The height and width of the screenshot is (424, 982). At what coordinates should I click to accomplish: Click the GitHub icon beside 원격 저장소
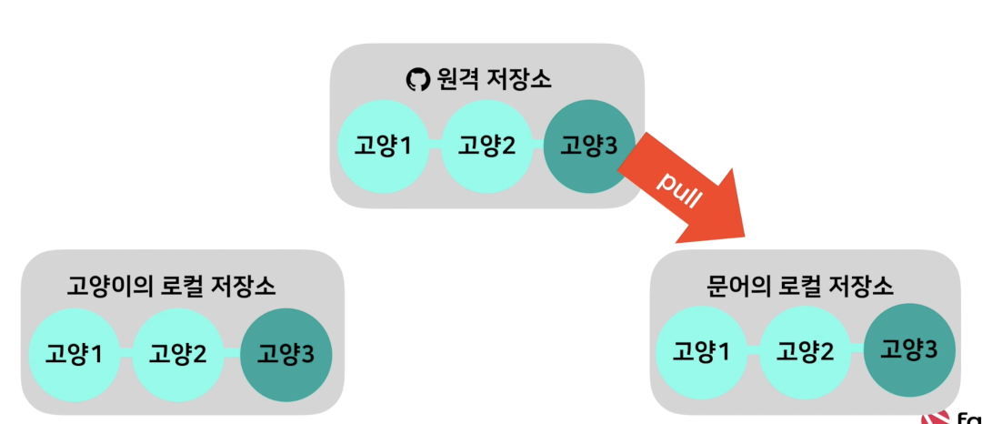[x=416, y=80]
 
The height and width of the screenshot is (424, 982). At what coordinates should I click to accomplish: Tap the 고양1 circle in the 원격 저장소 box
[x=383, y=146]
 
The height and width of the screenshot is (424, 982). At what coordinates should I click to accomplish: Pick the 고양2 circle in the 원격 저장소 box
[x=486, y=146]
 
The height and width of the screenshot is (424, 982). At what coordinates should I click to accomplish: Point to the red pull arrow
[x=700, y=196]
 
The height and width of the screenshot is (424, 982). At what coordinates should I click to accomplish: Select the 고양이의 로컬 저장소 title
[x=172, y=288]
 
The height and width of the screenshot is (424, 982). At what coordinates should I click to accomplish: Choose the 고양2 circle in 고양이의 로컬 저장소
[x=178, y=353]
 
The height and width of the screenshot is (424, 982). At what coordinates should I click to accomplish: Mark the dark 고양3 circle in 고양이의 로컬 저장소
[x=286, y=353]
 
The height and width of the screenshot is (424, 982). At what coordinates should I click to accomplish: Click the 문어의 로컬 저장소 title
[x=800, y=288]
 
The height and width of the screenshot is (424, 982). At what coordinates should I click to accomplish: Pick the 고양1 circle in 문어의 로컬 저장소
[x=701, y=351]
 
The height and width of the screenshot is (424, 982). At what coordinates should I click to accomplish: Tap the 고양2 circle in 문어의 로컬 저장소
[x=805, y=351]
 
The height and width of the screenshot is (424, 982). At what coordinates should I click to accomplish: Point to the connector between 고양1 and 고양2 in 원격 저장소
[x=435, y=146]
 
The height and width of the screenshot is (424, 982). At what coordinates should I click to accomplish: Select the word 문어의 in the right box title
[x=737, y=288]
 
